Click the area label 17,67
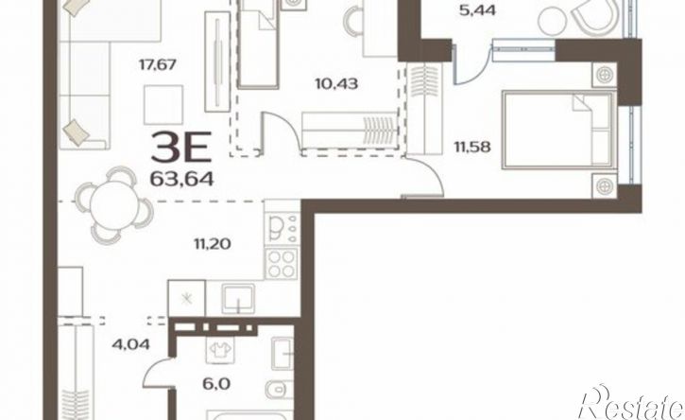[x=157, y=65]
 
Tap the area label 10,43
[x=336, y=83]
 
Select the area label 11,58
[x=472, y=147]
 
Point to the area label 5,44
[x=477, y=10]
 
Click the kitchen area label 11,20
[x=213, y=243]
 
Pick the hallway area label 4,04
[x=130, y=344]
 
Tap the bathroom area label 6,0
[x=216, y=384]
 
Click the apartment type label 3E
[x=181, y=148]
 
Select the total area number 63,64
[x=181, y=179]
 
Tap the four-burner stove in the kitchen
[x=282, y=263]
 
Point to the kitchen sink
[x=238, y=299]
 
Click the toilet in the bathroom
[x=280, y=389]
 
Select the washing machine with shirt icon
[x=220, y=350]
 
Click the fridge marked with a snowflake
[x=186, y=299]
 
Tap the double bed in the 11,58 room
[x=559, y=130]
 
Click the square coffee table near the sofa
[x=163, y=105]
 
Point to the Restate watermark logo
[x=630, y=403]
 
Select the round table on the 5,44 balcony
[x=553, y=20]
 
